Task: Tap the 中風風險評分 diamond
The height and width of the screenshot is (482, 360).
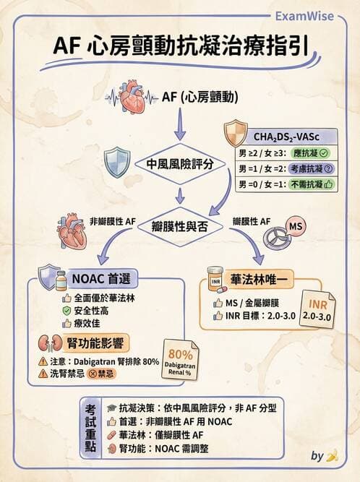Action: coord(179,164)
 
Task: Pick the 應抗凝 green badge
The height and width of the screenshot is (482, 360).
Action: coord(309,153)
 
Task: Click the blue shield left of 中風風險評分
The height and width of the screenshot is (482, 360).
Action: coord(117,162)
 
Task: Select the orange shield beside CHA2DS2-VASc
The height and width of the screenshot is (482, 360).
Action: coord(236,134)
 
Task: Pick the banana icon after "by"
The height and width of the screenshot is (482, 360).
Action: coord(333,456)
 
